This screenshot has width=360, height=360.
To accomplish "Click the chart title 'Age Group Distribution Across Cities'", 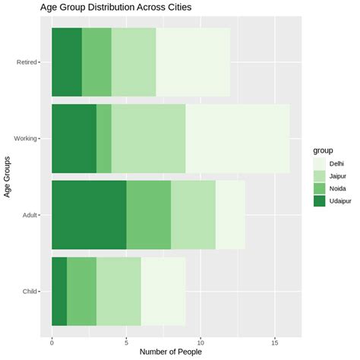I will point(115,8).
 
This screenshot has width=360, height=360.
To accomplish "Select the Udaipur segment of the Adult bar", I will point(89,215).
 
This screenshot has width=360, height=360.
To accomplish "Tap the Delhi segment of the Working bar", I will point(237,138).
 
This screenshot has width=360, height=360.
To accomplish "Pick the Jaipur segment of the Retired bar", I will point(134,62).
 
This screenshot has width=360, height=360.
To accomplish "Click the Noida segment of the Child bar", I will point(81,292).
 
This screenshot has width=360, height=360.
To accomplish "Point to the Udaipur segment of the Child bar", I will point(59,292).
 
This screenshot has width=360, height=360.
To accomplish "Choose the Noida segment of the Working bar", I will point(104,138).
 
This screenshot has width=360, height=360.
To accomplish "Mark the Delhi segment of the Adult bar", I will point(230,215).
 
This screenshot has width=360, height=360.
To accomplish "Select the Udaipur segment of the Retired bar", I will point(67,62).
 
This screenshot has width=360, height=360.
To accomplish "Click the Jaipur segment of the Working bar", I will point(148,138).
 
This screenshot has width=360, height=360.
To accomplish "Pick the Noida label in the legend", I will point(338,188).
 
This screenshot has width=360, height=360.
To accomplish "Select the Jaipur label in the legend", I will point(339,176).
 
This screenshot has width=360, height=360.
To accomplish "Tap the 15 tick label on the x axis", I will point(275,340).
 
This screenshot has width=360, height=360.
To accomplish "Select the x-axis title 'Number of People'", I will point(171,352).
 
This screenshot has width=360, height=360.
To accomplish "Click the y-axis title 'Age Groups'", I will point(8,177).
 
